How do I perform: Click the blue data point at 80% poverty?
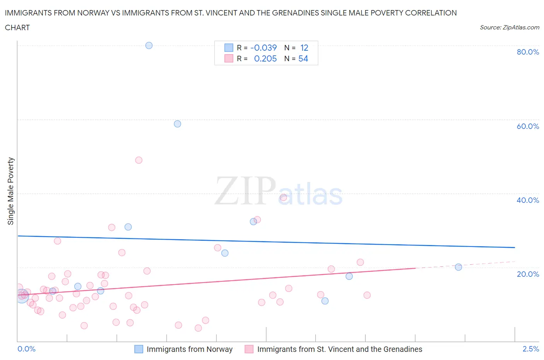149,45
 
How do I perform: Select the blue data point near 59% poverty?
178,124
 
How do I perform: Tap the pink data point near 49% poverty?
139,160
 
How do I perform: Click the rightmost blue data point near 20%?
458,267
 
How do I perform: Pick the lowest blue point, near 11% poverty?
325,301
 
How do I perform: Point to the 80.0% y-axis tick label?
528,52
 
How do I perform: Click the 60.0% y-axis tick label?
528,126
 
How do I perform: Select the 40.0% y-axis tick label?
528,200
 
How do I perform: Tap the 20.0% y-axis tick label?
528,274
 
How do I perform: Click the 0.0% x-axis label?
27,349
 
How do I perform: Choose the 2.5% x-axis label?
530,349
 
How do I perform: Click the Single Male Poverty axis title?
11,191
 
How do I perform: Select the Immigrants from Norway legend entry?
189,349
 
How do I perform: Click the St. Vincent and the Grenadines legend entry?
339,349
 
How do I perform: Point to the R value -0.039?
263,48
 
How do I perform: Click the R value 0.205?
265,58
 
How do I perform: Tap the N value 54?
303,58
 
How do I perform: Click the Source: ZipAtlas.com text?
509,27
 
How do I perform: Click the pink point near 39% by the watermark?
283,197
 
